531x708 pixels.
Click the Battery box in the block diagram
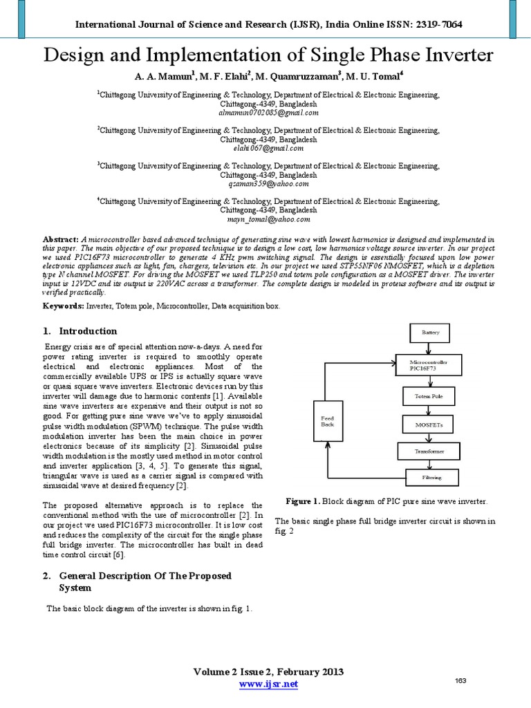point(430,333)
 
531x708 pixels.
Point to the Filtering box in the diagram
point(431,476)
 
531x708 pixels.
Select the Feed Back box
point(328,421)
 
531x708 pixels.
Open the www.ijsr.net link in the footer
point(268,684)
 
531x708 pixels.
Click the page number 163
point(460,680)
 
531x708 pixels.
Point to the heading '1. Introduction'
point(80,330)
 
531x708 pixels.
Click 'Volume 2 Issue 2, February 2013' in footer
point(268,672)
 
